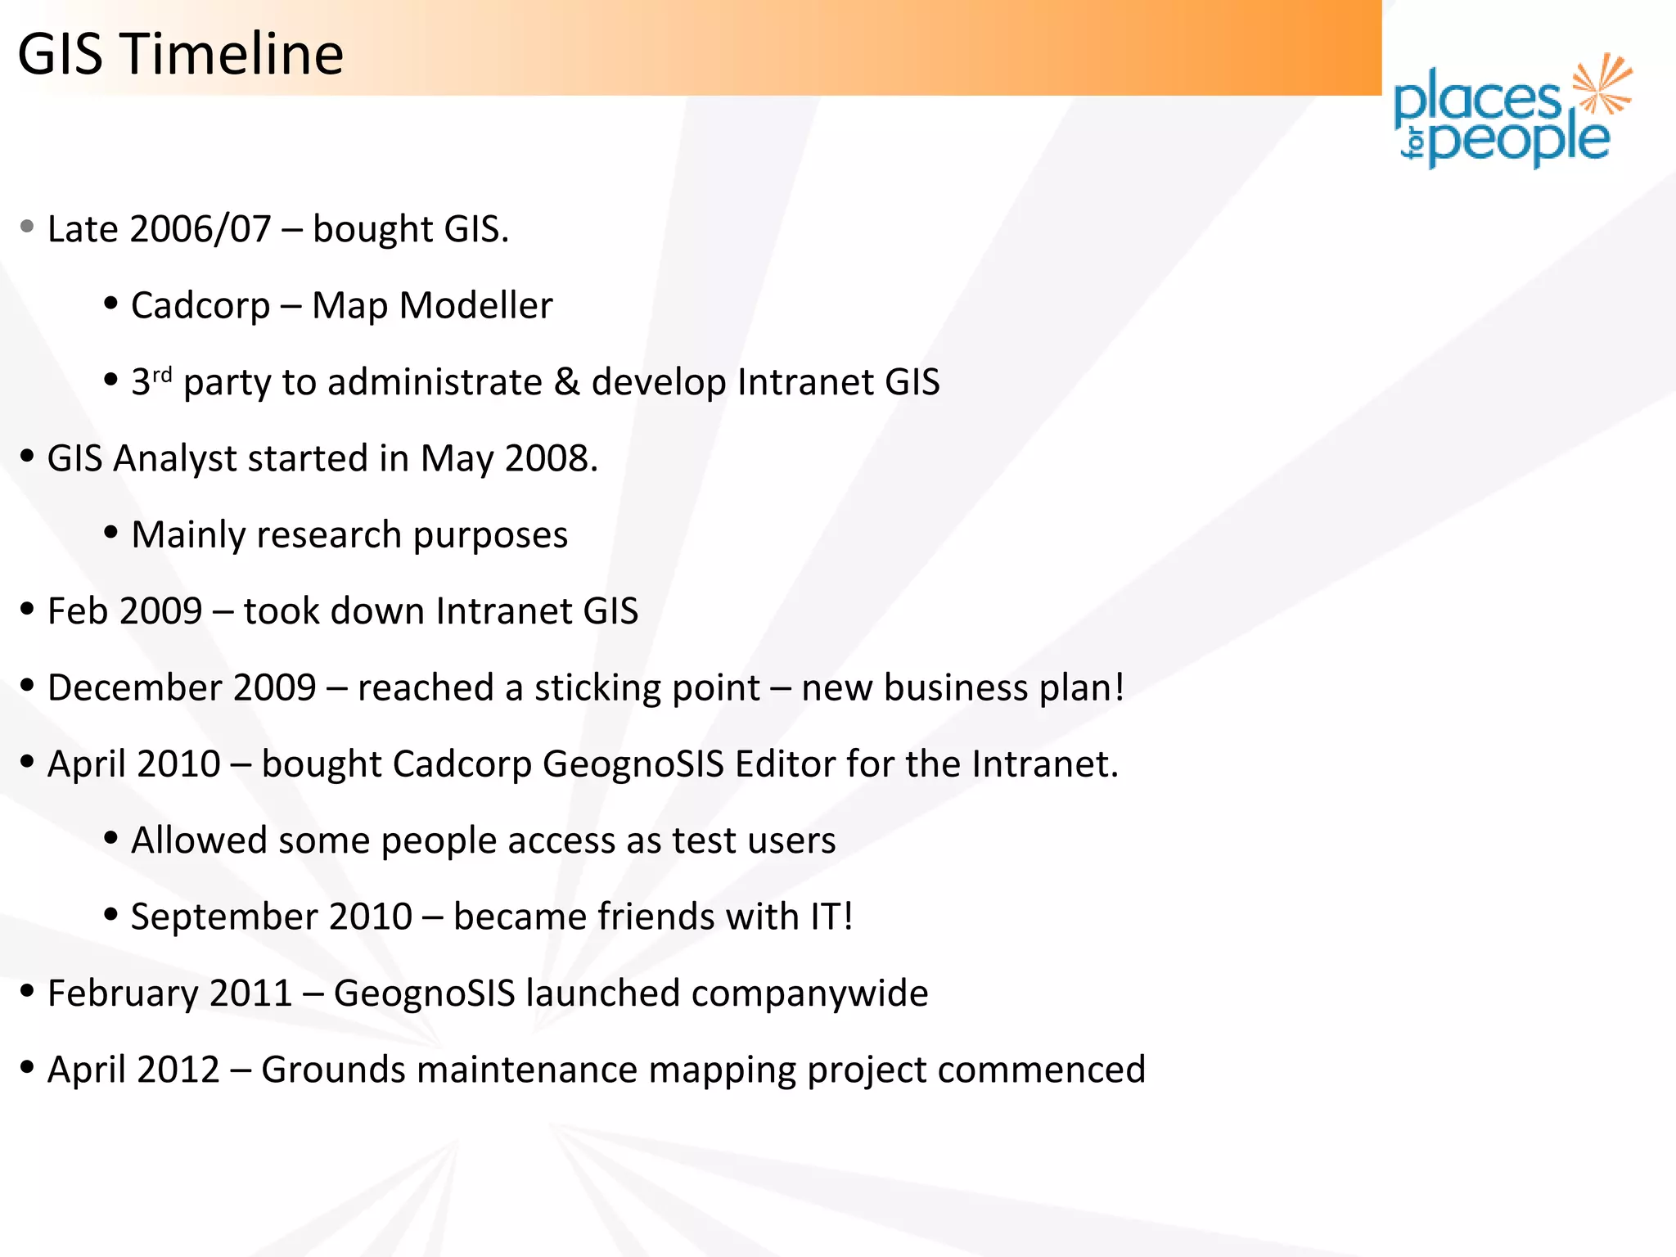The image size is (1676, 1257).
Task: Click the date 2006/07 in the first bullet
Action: click(x=200, y=229)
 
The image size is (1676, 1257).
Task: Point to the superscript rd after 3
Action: click(x=162, y=375)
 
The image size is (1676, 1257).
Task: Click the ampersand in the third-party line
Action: click(x=566, y=382)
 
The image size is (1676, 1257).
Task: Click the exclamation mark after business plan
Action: click(x=1118, y=687)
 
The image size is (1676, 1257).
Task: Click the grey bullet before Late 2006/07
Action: click(x=27, y=227)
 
